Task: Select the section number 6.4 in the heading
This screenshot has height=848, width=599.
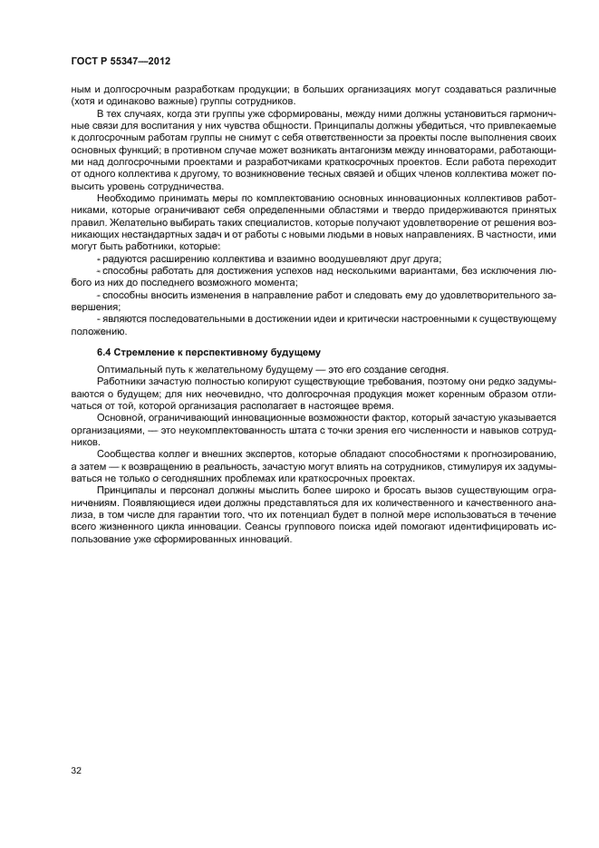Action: (105, 351)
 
